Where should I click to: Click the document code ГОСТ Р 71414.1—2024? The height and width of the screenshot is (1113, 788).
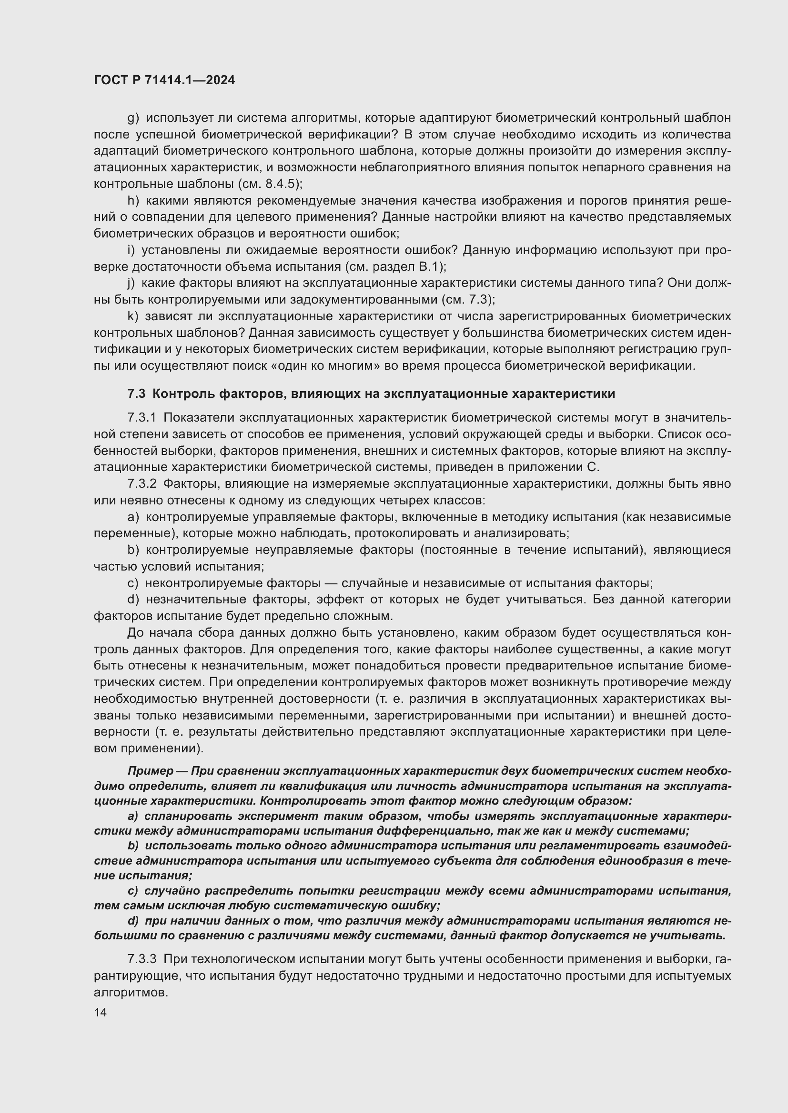(164, 80)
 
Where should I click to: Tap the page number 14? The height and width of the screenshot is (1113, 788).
(100, 1012)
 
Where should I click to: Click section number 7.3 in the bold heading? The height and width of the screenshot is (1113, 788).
(136, 394)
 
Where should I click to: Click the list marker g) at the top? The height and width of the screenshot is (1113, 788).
(133, 118)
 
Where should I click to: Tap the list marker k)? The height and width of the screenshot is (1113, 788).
(133, 316)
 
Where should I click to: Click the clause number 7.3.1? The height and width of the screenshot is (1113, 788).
(141, 418)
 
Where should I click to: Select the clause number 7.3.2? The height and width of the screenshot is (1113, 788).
(141, 484)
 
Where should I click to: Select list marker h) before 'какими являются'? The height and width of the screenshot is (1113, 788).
(133, 200)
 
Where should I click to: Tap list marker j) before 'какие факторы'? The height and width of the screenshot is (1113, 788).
(131, 283)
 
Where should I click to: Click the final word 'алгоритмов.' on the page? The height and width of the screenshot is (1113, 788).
(131, 992)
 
